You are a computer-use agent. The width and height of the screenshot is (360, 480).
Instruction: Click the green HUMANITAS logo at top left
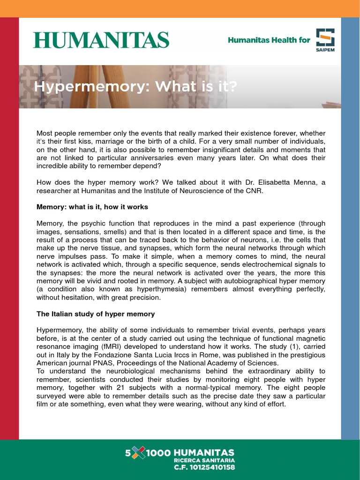coord(101,40)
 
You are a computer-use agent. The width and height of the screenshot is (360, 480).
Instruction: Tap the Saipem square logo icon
coord(325,37)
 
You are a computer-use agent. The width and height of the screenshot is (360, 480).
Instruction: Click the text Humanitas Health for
coord(269,40)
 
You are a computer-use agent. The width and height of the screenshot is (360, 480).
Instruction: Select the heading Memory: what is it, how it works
coord(92,207)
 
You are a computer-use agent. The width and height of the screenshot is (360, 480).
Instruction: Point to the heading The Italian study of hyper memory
coord(96,314)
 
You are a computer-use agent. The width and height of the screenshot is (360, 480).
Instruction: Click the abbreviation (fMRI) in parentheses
coord(113,346)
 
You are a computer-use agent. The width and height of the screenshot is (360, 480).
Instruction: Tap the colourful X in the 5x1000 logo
coord(138,453)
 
